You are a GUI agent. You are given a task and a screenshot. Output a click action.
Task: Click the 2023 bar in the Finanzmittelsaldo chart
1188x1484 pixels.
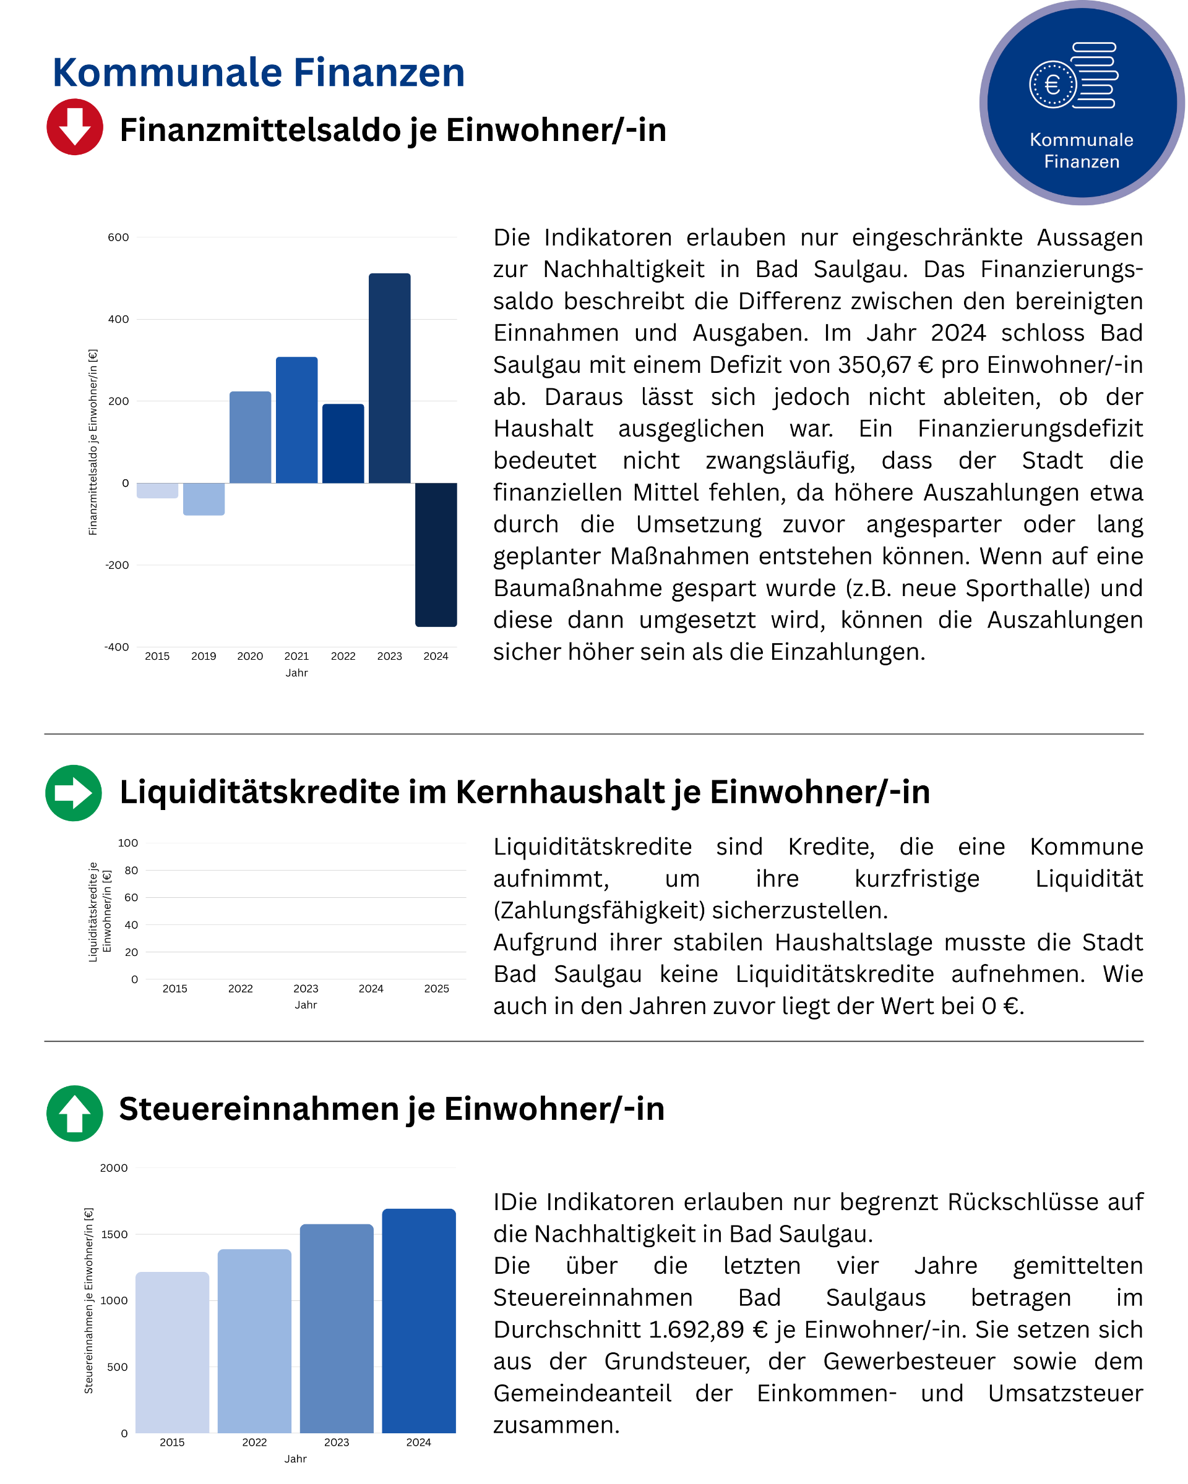(389, 378)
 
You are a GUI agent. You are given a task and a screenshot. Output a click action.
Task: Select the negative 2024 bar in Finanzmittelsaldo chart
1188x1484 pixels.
(436, 554)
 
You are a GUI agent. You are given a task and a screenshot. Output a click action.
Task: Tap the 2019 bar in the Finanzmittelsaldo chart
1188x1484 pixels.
(204, 499)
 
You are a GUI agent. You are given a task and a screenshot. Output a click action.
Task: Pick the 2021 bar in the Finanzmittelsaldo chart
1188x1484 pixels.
(297, 420)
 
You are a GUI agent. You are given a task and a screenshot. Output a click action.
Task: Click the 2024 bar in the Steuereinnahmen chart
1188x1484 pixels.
(419, 1321)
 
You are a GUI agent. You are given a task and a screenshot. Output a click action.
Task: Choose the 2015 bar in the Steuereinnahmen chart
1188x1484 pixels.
(172, 1352)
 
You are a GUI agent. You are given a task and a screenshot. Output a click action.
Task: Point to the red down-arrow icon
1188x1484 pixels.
(75, 127)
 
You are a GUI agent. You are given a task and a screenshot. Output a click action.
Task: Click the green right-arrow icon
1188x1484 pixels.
(74, 793)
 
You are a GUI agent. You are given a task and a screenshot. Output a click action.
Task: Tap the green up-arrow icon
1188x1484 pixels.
(74, 1114)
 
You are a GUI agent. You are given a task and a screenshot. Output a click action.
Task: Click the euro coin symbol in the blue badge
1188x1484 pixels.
(1052, 85)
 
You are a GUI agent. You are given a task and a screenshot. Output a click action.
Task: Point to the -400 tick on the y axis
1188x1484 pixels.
(116, 647)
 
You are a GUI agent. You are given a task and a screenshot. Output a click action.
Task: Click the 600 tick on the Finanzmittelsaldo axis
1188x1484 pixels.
(118, 237)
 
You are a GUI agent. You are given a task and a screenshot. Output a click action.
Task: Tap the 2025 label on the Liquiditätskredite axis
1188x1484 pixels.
(437, 989)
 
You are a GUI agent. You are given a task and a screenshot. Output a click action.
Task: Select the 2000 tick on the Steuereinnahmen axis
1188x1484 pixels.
(114, 1168)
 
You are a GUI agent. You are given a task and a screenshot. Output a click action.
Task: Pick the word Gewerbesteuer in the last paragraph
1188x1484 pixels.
(909, 1362)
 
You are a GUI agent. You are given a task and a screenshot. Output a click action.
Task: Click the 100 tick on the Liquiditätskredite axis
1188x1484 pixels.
(128, 843)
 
